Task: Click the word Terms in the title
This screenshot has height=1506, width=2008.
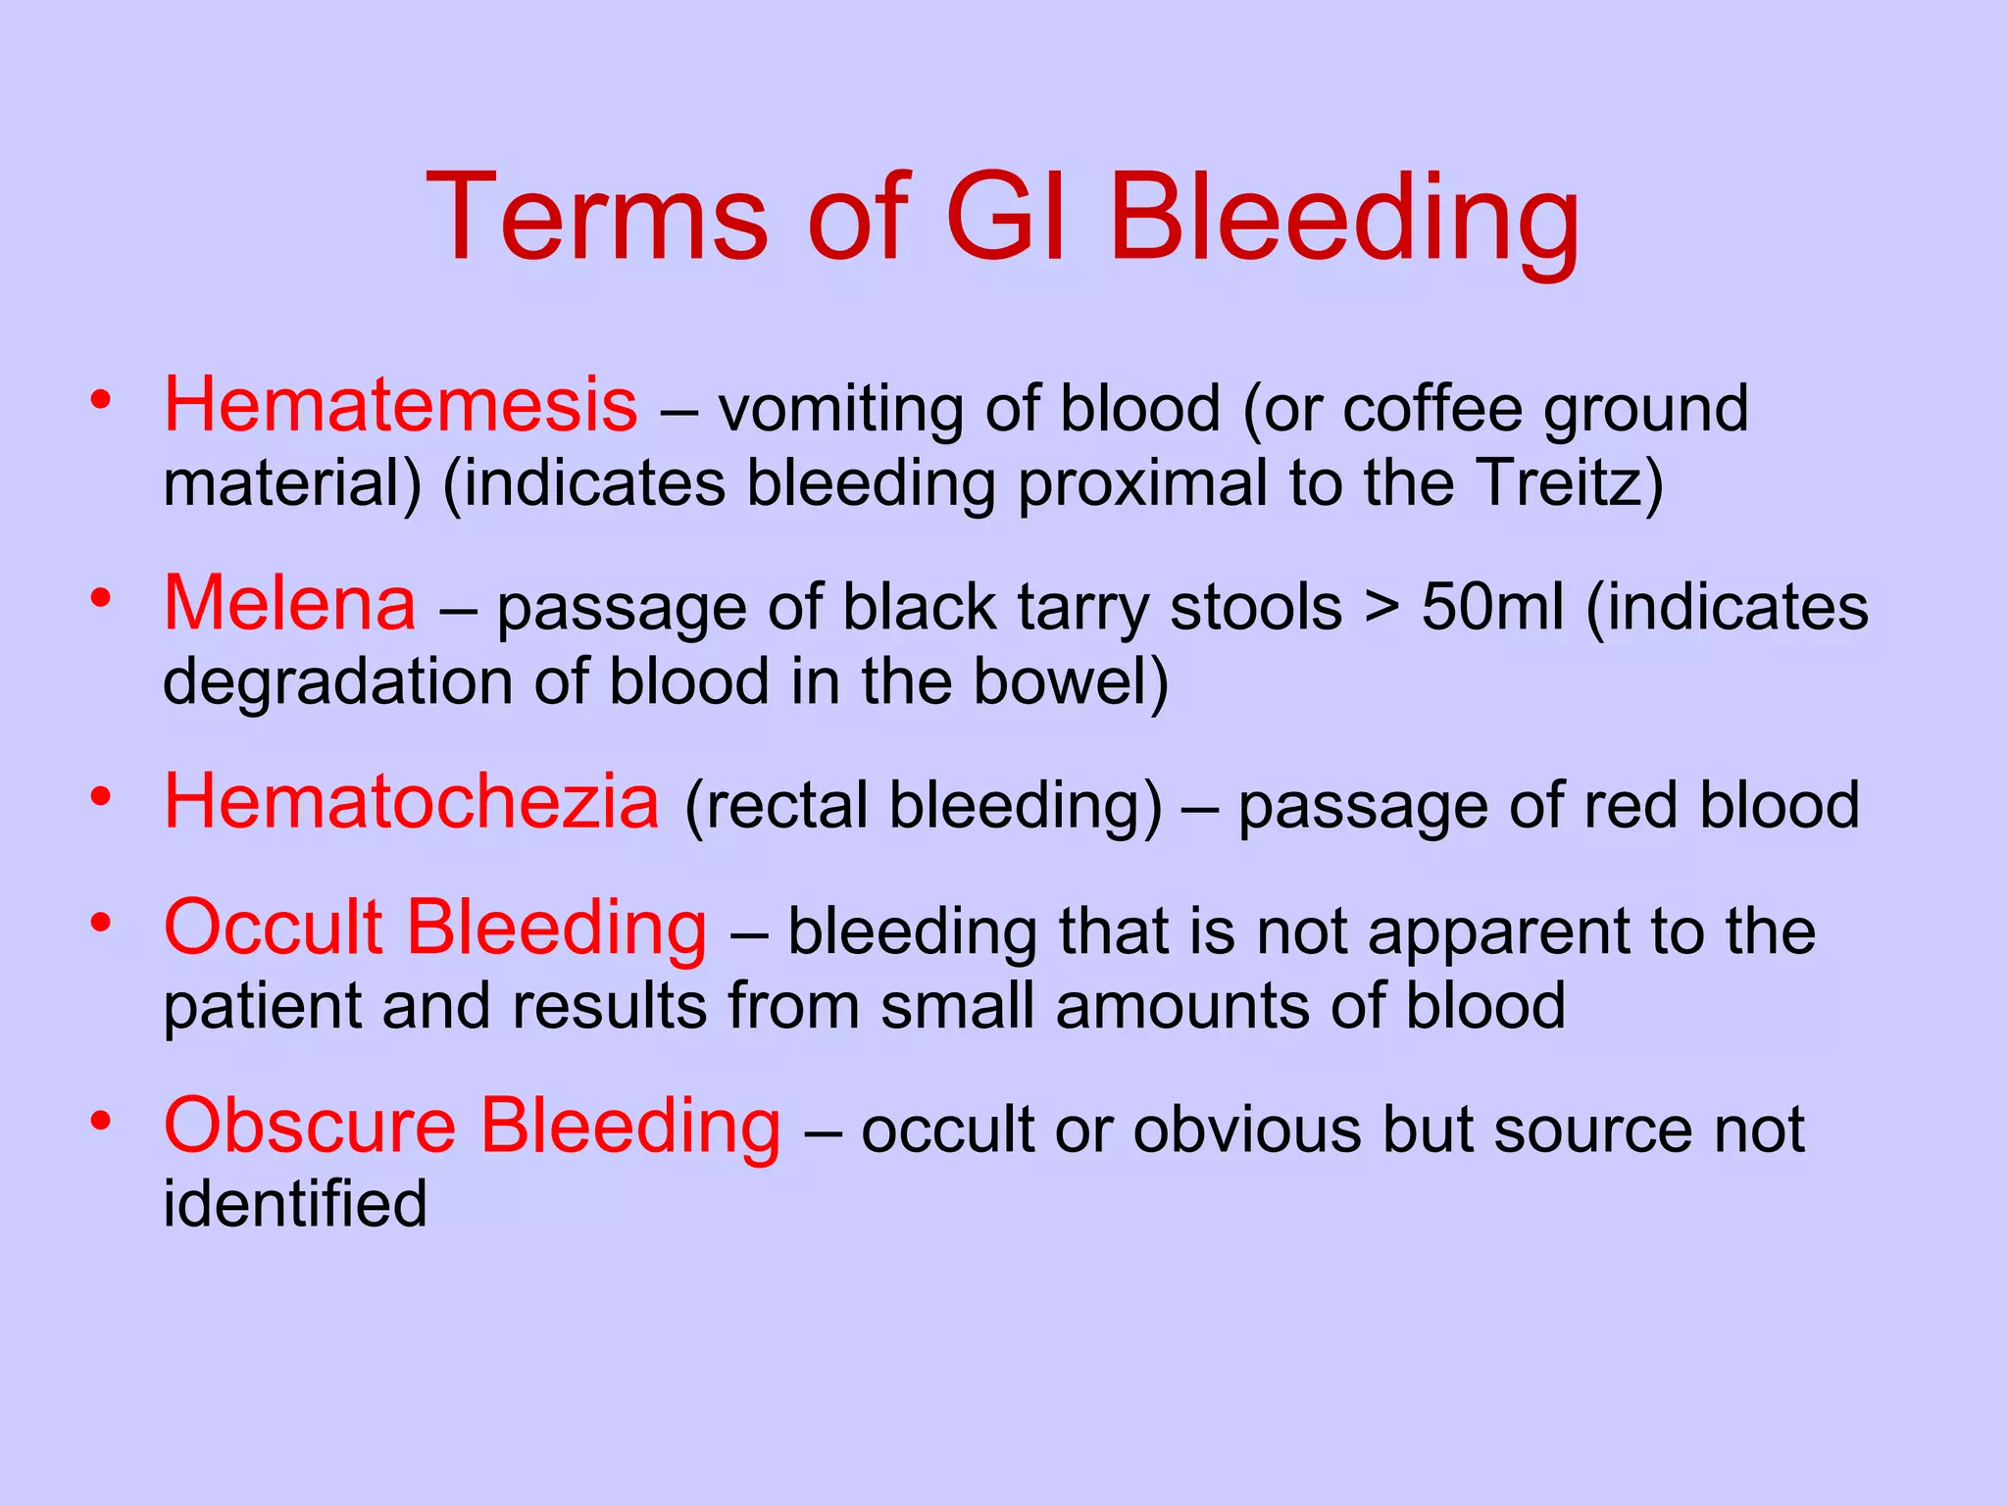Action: pos(596,218)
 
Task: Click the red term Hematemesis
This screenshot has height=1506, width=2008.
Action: pos(400,405)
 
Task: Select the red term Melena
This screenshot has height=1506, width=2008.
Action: pos(290,604)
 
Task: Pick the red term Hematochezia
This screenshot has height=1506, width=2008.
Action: pos(412,802)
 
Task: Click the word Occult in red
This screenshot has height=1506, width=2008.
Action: pos(273,928)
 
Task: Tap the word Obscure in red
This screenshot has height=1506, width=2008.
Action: pos(310,1126)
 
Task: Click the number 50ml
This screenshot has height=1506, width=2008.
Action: pos(1492,607)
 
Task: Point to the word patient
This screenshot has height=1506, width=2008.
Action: pos(262,1007)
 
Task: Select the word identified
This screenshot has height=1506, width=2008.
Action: pos(294,1204)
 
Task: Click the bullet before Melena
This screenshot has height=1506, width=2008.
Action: pos(100,597)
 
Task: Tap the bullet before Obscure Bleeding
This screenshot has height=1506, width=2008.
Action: pos(100,1120)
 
